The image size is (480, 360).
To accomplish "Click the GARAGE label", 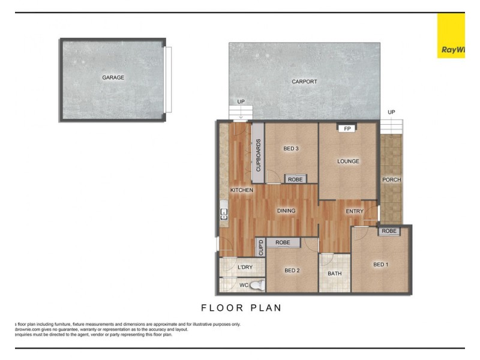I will tap(113, 77).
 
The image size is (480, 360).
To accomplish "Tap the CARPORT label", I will tap(304, 82).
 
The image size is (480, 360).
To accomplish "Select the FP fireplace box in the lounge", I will tap(347, 128).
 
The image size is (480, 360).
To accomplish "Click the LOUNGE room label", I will tap(348, 161).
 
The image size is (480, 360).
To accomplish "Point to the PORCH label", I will tap(391, 179).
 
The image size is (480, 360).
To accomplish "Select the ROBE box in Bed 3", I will tap(295, 179).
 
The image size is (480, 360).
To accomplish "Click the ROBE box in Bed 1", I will tap(389, 231).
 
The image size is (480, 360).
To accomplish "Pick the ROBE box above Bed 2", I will tap(283, 242).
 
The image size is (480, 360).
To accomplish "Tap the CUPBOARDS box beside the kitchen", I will tap(258, 155).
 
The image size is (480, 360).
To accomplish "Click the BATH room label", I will tap(334, 274).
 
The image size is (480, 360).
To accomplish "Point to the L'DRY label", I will tap(245, 268).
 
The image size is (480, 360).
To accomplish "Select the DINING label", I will tap(286, 211).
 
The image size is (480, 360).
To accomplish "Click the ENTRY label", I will tap(355, 211).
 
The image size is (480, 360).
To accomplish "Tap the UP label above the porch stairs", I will tap(391, 112).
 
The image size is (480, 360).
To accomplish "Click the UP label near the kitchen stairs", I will tap(241, 101).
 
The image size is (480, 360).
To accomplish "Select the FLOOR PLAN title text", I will tap(241, 308).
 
